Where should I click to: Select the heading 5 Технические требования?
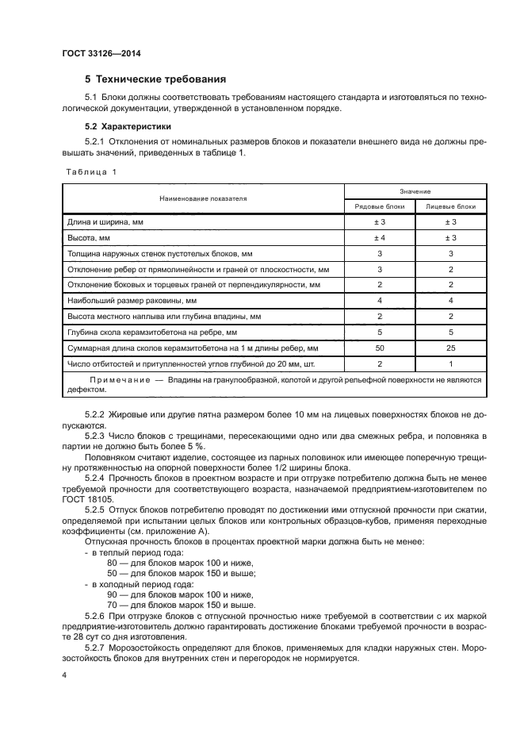tap(155, 79)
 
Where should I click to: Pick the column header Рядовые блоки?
tap(379, 206)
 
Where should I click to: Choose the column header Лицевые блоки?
tap(451, 206)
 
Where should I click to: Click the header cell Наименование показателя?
tap(203, 198)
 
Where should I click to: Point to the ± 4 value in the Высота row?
tap(379, 237)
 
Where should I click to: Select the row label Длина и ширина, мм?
tap(105, 222)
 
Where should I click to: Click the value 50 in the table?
tap(379, 348)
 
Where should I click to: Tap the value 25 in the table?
tap(451, 348)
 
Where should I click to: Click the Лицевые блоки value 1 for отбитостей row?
tap(451, 363)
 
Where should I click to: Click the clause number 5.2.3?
tap(94, 436)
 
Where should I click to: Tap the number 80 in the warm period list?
tap(112, 562)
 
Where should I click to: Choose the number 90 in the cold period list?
tap(112, 594)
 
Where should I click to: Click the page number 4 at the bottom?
tap(64, 675)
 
